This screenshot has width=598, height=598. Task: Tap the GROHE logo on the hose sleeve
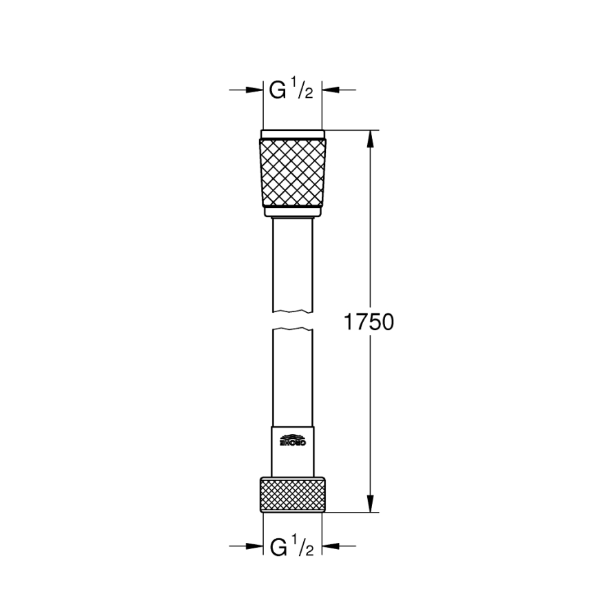click(293, 440)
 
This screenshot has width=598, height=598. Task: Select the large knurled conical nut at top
click(293, 171)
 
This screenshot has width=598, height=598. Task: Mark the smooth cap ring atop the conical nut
click(293, 133)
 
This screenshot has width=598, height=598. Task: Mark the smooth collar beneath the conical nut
click(293, 212)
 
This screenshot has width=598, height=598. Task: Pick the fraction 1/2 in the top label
click(304, 90)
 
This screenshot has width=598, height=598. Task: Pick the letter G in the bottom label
click(278, 548)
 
